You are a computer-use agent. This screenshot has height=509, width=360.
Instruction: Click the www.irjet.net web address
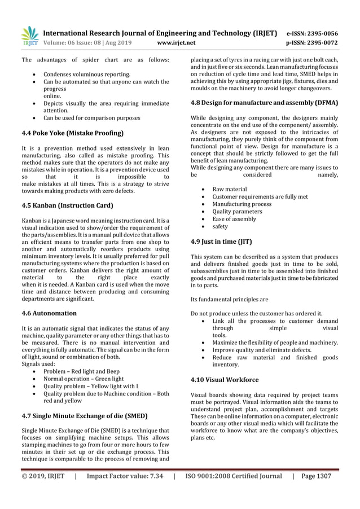tap(177, 41)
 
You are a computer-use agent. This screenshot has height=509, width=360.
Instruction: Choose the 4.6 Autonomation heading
tap(49, 313)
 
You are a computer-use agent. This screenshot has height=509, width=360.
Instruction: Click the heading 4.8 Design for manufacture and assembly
tap(265, 103)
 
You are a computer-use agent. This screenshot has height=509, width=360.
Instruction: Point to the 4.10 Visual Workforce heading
tap(225, 380)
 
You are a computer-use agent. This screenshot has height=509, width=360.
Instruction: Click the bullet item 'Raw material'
tap(229, 189)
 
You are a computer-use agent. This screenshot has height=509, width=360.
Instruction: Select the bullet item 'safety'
tap(220, 226)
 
